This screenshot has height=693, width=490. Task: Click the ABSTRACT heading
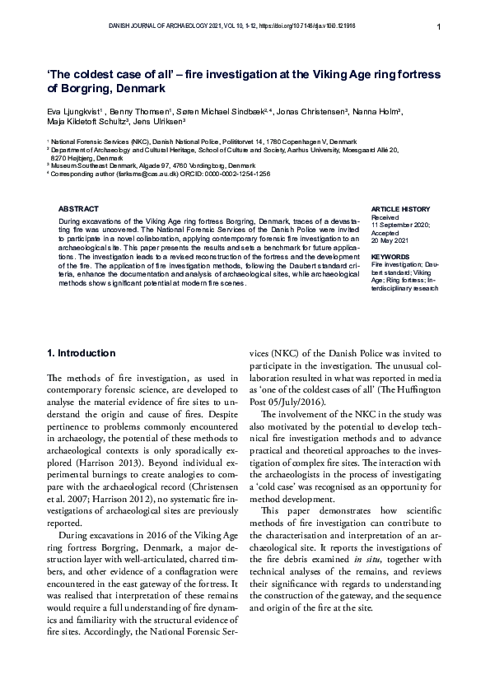[79, 209]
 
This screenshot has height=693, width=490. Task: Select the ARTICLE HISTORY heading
[401, 209]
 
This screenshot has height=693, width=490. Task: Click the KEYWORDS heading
[390, 257]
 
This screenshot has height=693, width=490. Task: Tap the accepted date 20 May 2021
[390, 240]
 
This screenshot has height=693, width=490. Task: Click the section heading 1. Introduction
[82, 353]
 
